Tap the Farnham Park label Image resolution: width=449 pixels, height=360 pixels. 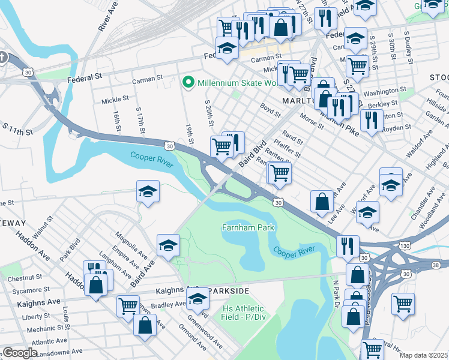pyautogui.click(x=248, y=227)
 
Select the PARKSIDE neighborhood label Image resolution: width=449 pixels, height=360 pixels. pyautogui.click(x=229, y=290)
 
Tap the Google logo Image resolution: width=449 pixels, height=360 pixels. pyautogui.click(x=20, y=353)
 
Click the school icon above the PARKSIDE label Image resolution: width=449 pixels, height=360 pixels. pyautogui.click(x=197, y=298)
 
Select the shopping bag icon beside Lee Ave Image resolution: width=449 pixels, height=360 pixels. pyautogui.click(x=322, y=202)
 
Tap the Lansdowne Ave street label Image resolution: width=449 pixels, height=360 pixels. pyautogui.click(x=58, y=351)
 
